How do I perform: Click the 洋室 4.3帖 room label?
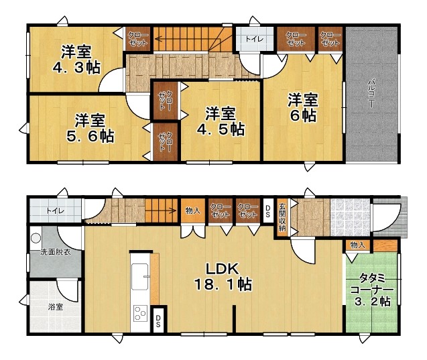pos(76,60)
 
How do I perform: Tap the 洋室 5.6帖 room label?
pos(90,128)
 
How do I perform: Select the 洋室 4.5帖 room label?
pos(221,121)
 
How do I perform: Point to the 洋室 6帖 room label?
pos(303,107)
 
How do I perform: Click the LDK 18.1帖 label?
pos(223,277)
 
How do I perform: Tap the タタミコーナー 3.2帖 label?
pos(372,290)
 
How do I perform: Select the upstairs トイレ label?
pos(254,39)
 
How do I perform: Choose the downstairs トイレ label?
pos(55,211)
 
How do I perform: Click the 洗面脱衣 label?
pos(56,252)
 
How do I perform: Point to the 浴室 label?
pos(56,307)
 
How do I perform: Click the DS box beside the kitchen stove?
pos(158,321)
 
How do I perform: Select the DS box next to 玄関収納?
pos(267,211)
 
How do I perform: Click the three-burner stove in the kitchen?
pos(141,313)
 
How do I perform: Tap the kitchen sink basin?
pos(139,276)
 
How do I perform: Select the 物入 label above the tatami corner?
pos(357,245)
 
